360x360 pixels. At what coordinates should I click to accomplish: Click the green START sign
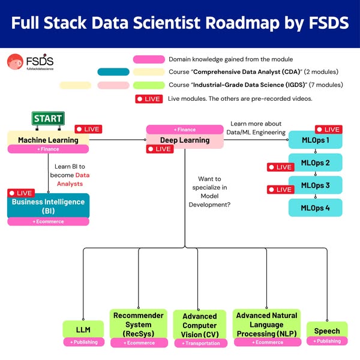click(48, 118)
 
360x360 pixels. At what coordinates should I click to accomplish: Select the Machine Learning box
click(48, 140)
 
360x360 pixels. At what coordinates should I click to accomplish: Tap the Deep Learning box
click(184, 140)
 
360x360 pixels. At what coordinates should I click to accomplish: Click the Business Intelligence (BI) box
click(48, 206)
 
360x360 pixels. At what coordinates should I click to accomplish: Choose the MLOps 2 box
click(315, 163)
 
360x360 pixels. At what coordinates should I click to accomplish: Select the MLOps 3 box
click(315, 185)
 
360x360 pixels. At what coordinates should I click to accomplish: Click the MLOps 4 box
click(315, 207)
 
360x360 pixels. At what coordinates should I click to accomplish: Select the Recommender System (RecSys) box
click(139, 324)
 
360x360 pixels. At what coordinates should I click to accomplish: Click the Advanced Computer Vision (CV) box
click(199, 325)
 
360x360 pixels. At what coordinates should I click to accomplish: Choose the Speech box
click(327, 331)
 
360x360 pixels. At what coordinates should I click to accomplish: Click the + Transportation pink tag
click(199, 343)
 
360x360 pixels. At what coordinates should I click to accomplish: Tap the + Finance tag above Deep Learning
click(184, 129)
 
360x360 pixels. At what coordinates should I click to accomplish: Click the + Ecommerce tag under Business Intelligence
click(48, 221)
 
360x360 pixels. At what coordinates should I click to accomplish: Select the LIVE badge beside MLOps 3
click(280, 189)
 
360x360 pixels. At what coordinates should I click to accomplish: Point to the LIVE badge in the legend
click(149, 98)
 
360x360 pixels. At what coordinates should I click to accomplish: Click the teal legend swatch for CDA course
click(113, 72)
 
